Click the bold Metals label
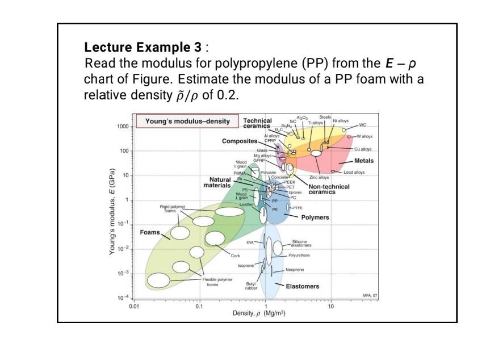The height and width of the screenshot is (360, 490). pos(363,161)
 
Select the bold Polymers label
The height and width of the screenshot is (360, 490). pos(315,217)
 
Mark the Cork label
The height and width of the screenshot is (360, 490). pos(235,256)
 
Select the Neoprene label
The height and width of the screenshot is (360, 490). pos(300,270)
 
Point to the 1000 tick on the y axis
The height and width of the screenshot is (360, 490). pos(123,127)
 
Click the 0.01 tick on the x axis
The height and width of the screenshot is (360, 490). pos(134,306)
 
